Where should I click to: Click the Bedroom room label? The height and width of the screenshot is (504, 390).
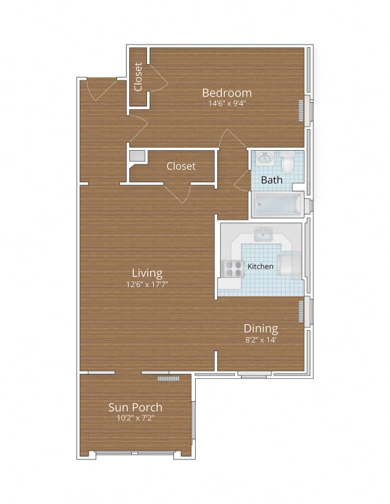(x=227, y=93)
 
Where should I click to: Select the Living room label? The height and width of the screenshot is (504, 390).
(x=147, y=273)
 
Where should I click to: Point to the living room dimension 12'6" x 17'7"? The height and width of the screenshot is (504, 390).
(x=147, y=285)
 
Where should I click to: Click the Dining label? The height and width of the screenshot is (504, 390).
(x=261, y=329)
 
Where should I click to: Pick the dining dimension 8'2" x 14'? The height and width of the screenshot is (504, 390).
(x=261, y=340)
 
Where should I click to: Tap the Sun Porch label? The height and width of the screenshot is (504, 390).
(x=135, y=407)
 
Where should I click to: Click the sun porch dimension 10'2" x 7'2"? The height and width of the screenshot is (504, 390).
(x=135, y=419)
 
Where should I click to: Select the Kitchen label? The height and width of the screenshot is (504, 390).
(x=261, y=267)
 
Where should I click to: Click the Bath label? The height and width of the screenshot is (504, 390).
(x=272, y=180)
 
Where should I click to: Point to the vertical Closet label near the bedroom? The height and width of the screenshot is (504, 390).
(x=138, y=76)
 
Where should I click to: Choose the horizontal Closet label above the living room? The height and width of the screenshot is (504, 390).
(x=181, y=166)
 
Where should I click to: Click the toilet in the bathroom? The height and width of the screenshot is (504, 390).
(x=287, y=162)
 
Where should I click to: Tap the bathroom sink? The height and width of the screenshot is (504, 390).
(x=265, y=160)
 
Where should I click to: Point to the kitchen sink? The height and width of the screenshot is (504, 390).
(x=263, y=234)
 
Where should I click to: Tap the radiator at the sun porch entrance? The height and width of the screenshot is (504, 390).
(x=167, y=378)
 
